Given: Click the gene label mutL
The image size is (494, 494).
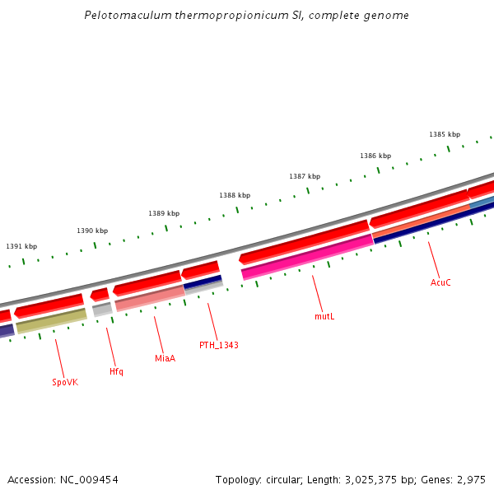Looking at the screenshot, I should coord(324,316).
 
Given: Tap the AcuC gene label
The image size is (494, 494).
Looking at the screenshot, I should coord(440,282).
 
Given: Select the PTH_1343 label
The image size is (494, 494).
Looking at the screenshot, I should coord(219,345).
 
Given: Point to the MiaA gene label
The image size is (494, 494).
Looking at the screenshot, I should coord(165,358).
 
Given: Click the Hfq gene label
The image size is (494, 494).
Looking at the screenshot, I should coord(116,371).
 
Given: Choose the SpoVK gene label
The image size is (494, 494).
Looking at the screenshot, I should coord(65,382).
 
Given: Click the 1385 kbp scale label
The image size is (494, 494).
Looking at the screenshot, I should coord(445,134).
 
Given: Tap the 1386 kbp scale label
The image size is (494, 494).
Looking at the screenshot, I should coord(375,156).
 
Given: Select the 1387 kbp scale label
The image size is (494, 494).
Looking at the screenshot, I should coord(305,176).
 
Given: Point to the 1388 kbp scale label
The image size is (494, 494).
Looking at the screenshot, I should coord(235,195).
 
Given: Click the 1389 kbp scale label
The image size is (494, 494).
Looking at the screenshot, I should coord(164,213).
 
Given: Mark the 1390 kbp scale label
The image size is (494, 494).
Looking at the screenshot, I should coord(92,231).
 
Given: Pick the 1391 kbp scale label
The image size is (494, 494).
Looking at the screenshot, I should coord(21,246).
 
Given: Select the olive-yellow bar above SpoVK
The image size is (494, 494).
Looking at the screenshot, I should coord(51,321).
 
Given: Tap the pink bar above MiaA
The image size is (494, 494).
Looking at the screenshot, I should coord(150,298).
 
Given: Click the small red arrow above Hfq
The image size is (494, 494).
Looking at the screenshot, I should coord(100,294).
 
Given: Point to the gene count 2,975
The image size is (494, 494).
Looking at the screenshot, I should coord(471,479).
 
